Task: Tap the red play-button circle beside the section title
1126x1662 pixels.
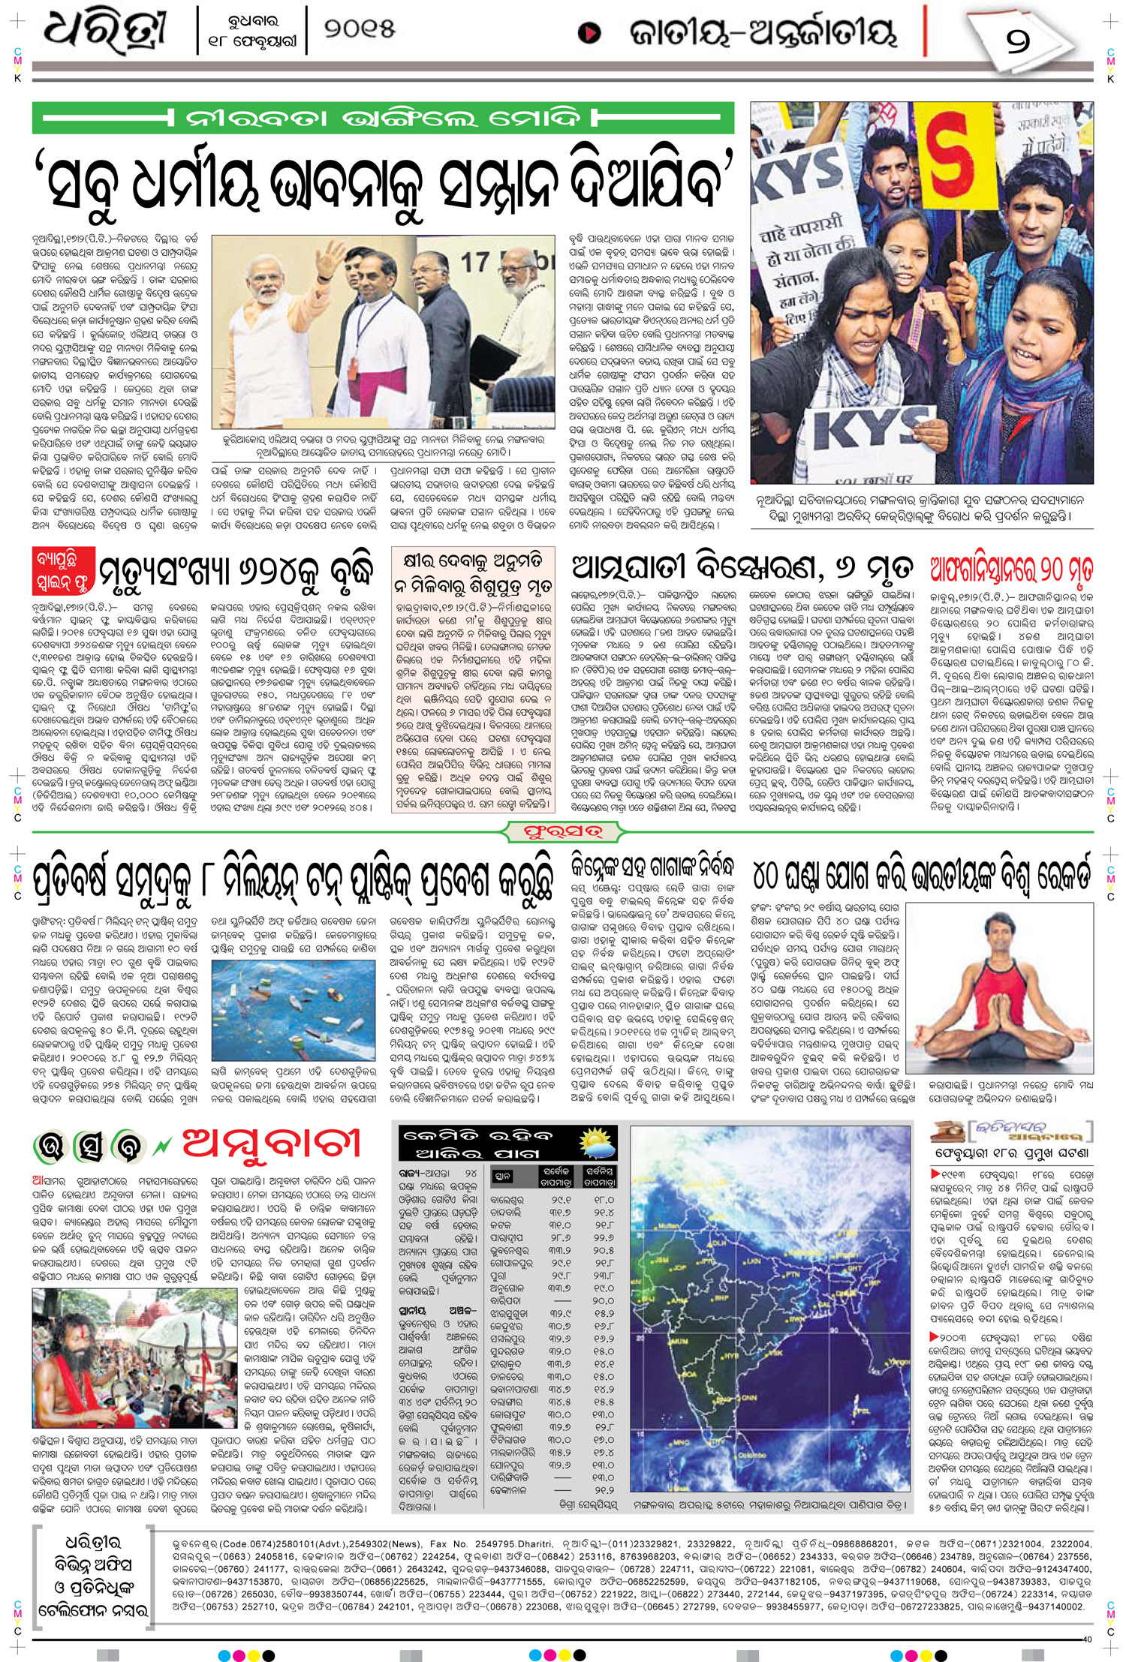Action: pyautogui.click(x=591, y=33)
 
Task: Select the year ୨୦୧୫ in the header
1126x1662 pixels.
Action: pyautogui.click(x=360, y=31)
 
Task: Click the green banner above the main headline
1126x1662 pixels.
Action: pyautogui.click(x=382, y=119)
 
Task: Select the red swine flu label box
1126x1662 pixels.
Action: pyautogui.click(x=65, y=571)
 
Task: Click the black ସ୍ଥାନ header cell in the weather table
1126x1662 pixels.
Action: pyautogui.click(x=503, y=1177)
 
